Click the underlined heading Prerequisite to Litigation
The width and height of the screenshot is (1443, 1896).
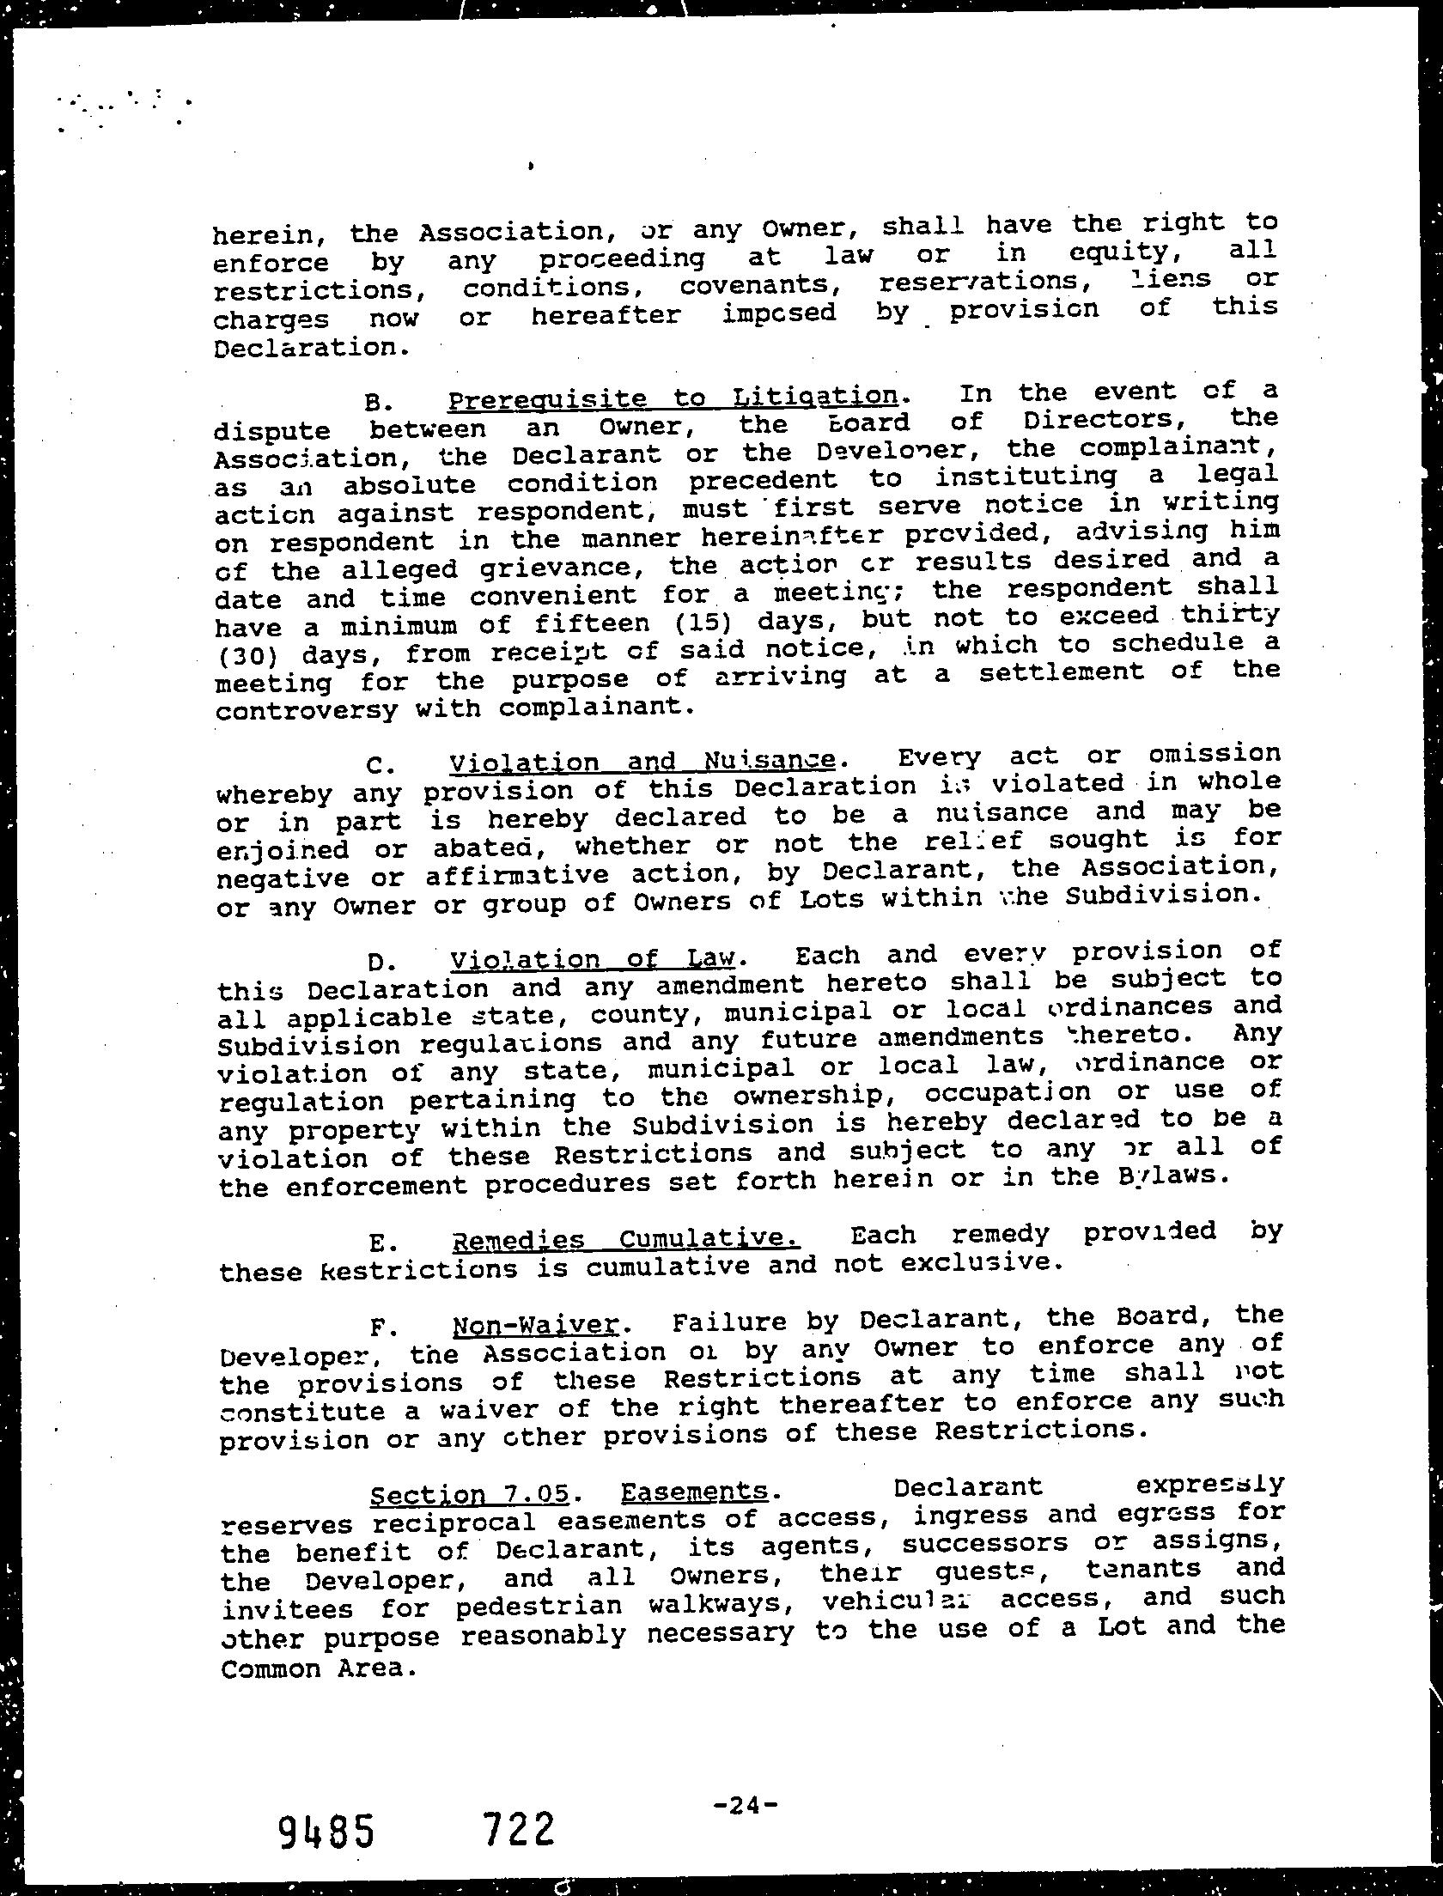coord(673,398)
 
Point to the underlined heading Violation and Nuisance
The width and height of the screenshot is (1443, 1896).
coord(642,762)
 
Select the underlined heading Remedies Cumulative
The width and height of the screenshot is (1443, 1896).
coord(624,1239)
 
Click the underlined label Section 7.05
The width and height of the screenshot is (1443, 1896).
coord(469,1495)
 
